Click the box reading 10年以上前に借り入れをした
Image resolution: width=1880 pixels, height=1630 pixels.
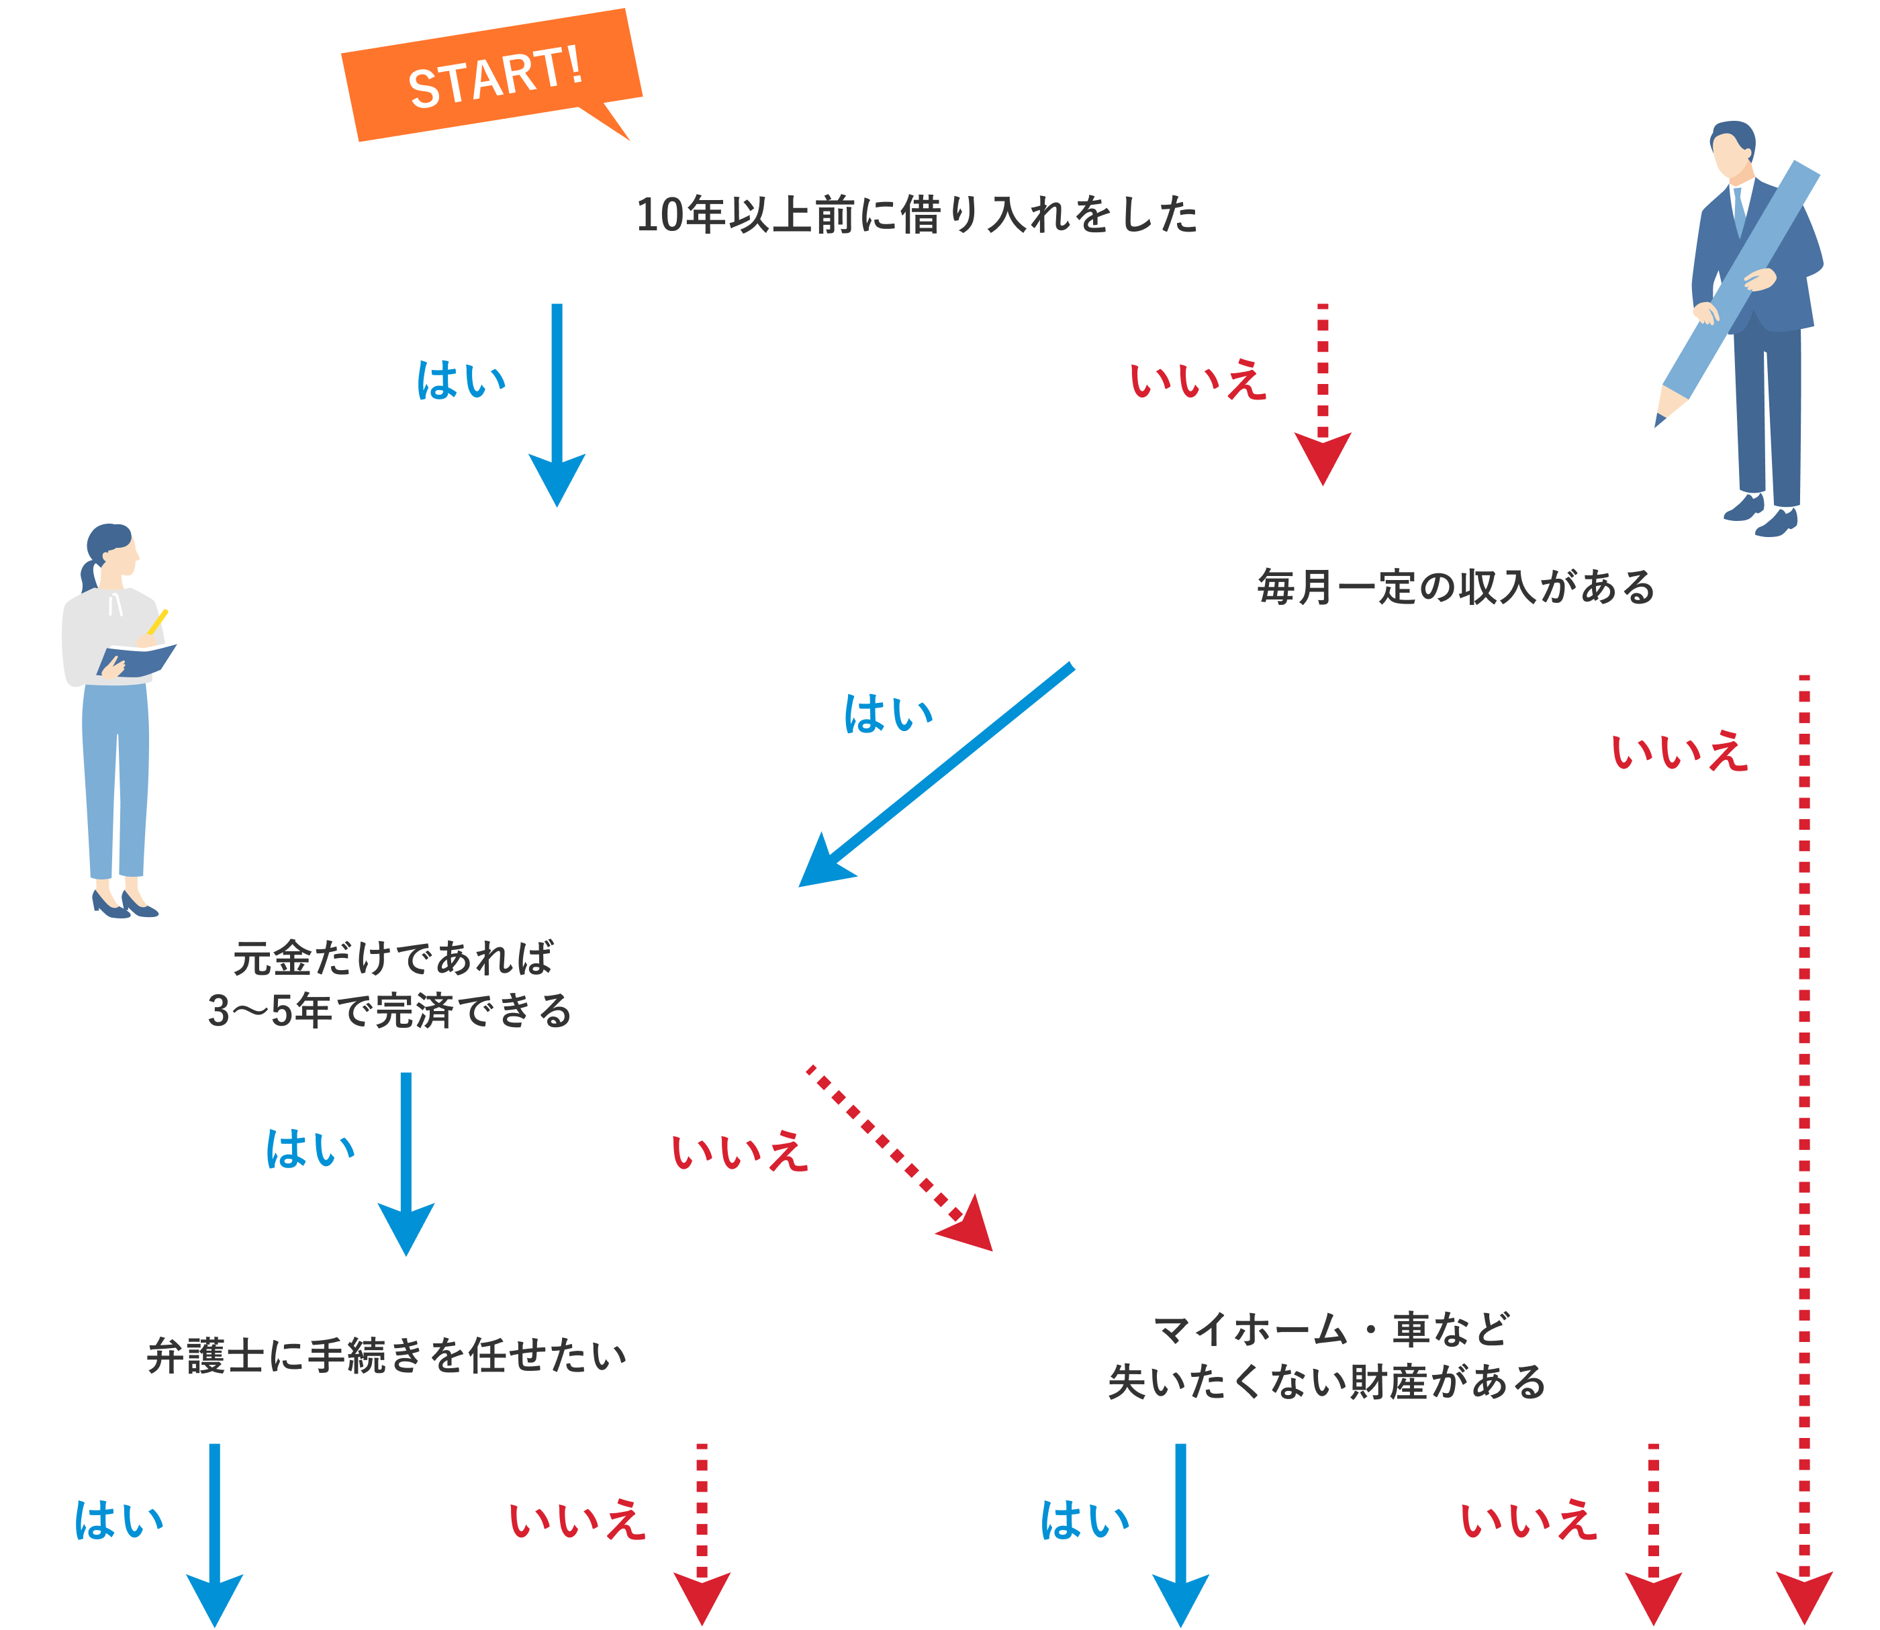(x=939, y=211)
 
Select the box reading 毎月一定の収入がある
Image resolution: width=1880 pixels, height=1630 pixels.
(x=1472, y=582)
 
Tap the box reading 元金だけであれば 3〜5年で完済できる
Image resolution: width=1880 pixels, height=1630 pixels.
(x=405, y=979)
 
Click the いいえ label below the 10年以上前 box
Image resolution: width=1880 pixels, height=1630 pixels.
(x=1197, y=380)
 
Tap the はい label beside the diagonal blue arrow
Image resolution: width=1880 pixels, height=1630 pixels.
(x=888, y=714)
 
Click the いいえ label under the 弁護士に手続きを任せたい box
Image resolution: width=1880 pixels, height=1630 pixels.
(x=577, y=1520)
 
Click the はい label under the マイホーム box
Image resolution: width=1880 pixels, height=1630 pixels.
(x=1084, y=1520)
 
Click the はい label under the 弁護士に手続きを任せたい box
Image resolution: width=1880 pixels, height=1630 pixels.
(x=119, y=1520)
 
